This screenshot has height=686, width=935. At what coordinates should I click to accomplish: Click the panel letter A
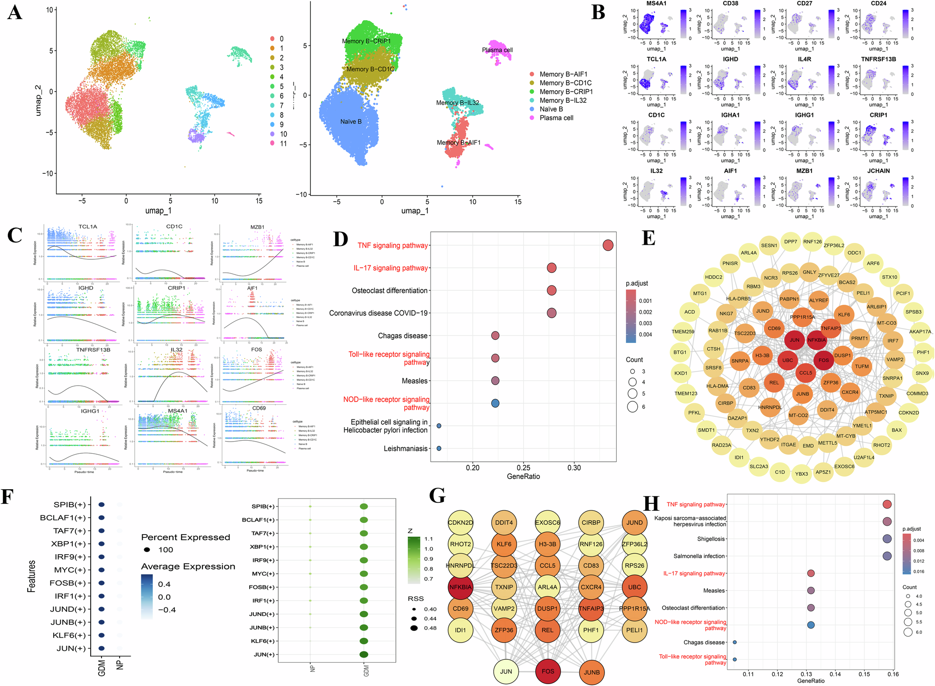point(14,12)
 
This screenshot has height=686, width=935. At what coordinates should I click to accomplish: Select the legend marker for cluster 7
point(272,106)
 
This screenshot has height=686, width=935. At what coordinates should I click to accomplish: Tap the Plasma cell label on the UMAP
point(497,50)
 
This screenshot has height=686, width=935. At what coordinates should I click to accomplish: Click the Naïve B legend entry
point(551,109)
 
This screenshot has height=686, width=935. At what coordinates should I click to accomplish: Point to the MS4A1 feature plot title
point(656,4)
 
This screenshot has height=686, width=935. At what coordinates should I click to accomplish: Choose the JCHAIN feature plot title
point(878,171)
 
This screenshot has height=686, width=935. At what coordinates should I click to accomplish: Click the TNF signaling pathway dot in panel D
point(608,245)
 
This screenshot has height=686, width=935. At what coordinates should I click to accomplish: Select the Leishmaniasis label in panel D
point(405,449)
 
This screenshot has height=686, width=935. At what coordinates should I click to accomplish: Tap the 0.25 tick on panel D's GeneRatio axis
point(523,468)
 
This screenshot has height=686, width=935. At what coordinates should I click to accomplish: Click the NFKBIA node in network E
point(816,340)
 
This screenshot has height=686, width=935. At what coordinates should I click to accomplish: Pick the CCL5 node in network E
point(806,373)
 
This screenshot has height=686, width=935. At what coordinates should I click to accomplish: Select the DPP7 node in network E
point(791,242)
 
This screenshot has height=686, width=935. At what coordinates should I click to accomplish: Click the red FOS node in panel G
point(547,672)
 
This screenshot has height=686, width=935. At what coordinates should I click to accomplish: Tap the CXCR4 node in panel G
point(591,587)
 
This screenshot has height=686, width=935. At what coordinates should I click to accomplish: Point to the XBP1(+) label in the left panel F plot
point(69,544)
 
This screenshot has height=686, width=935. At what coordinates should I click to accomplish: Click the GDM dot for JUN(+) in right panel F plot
point(364,654)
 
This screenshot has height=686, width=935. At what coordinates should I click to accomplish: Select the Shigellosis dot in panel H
point(887,539)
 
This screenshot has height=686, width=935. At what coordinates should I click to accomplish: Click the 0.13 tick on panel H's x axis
point(806,674)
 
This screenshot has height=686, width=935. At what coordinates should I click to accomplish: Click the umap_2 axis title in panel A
point(38,100)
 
